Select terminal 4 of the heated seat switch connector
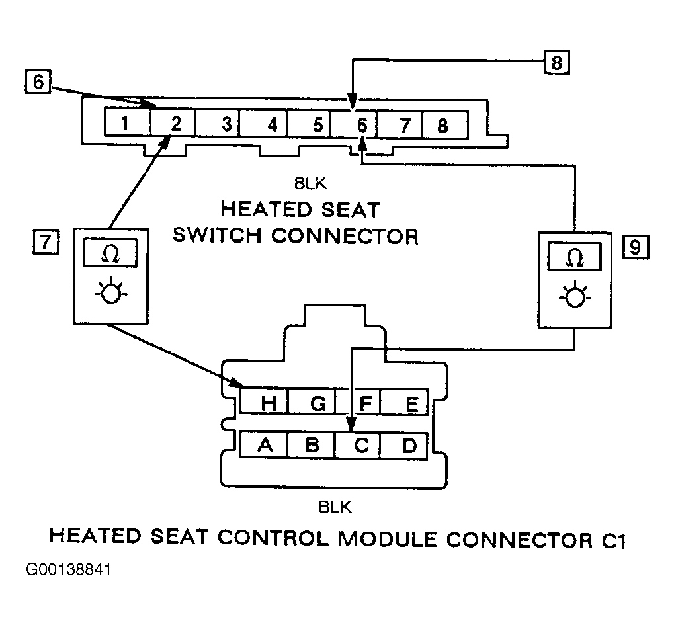click(263, 124)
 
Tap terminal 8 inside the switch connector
click(445, 124)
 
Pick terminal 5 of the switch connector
click(309, 124)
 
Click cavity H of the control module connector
click(263, 401)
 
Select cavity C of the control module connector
click(358, 445)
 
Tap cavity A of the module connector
click(263, 444)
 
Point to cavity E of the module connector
click(404, 402)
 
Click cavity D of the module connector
click(404, 446)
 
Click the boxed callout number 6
click(38, 81)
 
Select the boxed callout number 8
click(556, 63)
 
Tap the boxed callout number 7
click(46, 242)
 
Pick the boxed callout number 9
click(636, 247)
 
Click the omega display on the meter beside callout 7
click(110, 253)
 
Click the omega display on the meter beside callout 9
click(574, 257)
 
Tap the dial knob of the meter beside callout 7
click(111, 291)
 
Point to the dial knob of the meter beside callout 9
click(575, 296)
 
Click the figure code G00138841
click(69, 569)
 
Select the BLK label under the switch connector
click(310, 184)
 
